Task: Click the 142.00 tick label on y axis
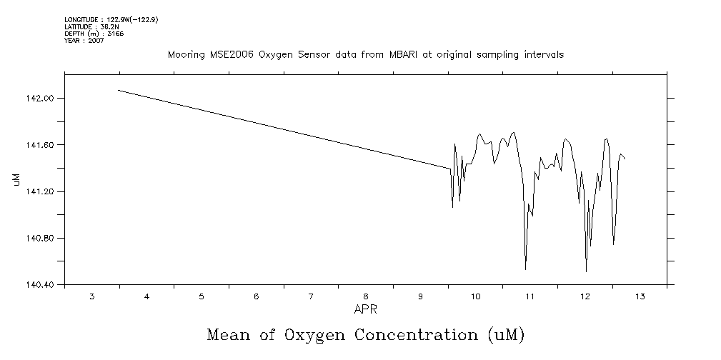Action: click(40, 99)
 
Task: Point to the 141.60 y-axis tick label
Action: click(40, 145)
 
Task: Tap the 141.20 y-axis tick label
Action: click(40, 192)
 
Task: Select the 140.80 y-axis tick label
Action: click(40, 239)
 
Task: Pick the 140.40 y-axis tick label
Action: click(40, 285)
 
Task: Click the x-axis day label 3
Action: click(91, 296)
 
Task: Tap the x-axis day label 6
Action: click(256, 296)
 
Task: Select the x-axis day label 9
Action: click(420, 296)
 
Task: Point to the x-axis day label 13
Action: click(640, 296)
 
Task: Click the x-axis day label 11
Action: click(530, 296)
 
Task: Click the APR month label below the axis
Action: click(365, 309)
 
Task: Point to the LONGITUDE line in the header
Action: click(111, 19)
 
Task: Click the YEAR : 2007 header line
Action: click(84, 41)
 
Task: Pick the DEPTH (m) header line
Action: click(94, 34)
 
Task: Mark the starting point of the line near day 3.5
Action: click(119, 90)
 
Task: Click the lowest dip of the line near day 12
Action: click(586, 271)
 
